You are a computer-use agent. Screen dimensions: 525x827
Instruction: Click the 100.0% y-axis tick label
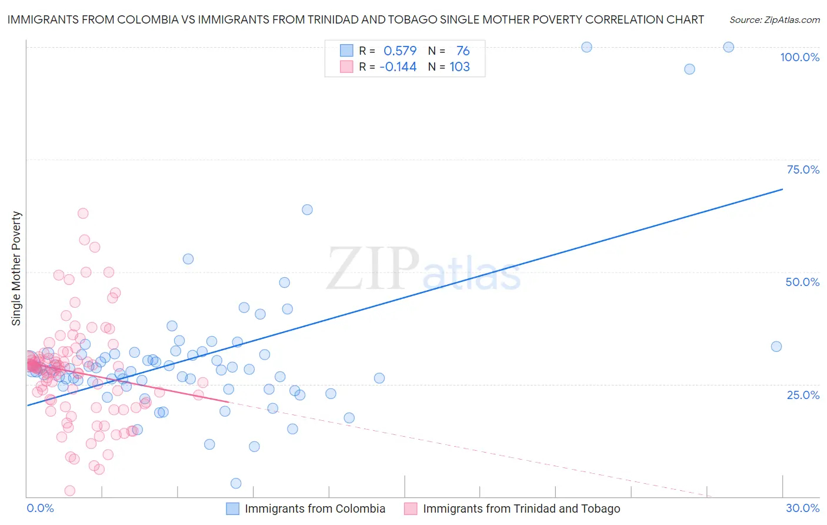click(x=799, y=57)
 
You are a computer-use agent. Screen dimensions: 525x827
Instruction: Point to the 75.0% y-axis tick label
click(x=803, y=170)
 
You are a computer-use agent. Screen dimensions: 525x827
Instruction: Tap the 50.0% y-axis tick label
click(x=802, y=282)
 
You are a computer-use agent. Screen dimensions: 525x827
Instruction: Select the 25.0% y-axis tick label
click(x=803, y=394)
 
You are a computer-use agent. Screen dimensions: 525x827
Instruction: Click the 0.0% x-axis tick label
click(x=40, y=508)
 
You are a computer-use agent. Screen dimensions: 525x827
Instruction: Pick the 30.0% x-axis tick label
click(x=802, y=508)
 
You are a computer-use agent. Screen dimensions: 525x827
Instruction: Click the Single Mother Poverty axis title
click(x=16, y=268)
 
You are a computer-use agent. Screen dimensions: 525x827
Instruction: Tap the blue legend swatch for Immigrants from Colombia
click(x=233, y=509)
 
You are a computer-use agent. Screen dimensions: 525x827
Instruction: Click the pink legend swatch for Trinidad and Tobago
click(x=411, y=509)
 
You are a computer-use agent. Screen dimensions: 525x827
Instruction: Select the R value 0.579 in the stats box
click(x=400, y=51)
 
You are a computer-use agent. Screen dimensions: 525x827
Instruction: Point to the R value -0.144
click(x=398, y=67)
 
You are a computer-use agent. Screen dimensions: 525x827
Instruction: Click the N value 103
click(x=460, y=67)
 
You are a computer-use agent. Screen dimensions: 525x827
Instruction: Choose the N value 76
click(x=463, y=51)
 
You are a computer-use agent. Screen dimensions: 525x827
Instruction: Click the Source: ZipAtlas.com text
click(x=774, y=19)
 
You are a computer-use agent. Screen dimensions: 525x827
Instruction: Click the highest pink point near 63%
click(x=83, y=213)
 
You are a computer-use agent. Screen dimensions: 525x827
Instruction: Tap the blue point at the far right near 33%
click(x=776, y=347)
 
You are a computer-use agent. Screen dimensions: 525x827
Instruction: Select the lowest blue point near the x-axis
click(x=236, y=483)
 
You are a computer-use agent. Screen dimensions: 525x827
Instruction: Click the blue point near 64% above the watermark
click(x=307, y=210)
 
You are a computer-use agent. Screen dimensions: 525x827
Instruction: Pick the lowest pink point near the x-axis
click(x=69, y=491)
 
